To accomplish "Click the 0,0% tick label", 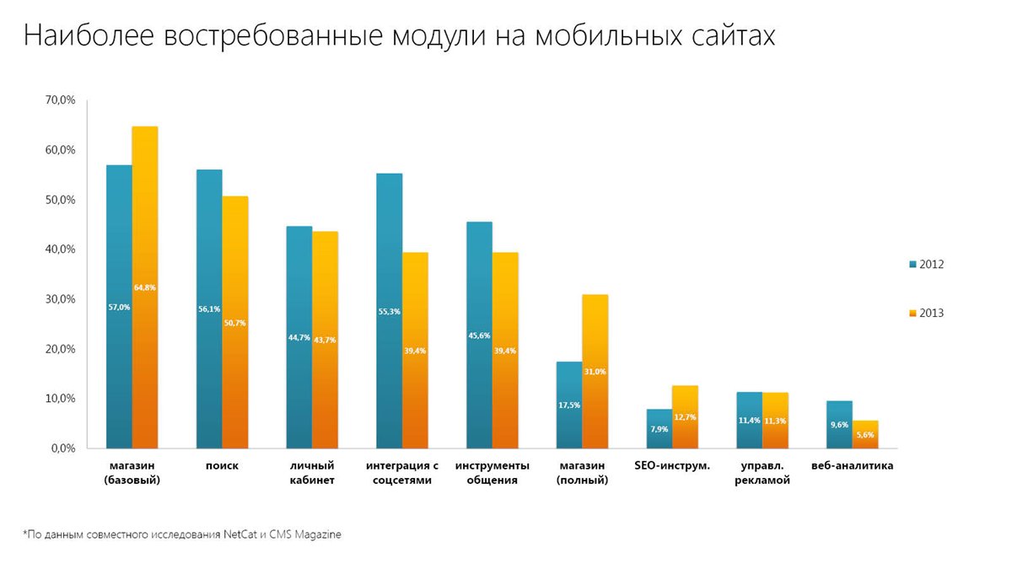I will (x=62, y=448).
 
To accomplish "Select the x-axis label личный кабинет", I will (x=312, y=473).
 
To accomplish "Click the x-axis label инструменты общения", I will (x=493, y=473).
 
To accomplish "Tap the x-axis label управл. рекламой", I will (x=763, y=473).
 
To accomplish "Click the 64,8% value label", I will (x=145, y=287).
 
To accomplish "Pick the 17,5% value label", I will (x=568, y=405).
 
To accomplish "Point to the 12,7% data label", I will (x=685, y=416).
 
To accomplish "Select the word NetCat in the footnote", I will (x=243, y=534).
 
